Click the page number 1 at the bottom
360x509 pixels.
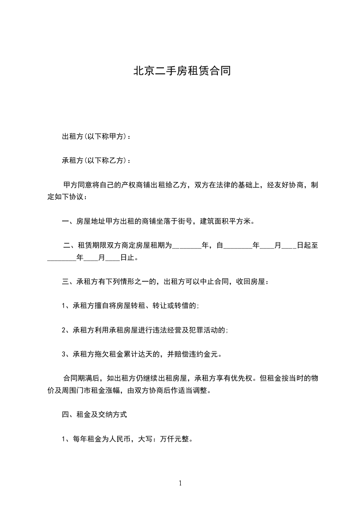[180, 484]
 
